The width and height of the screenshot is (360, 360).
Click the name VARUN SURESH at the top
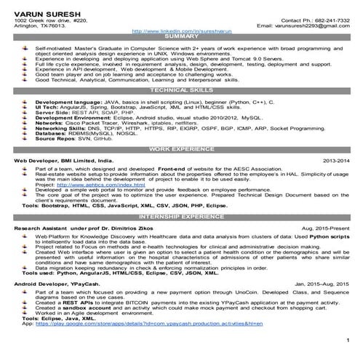pos(36,8)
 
